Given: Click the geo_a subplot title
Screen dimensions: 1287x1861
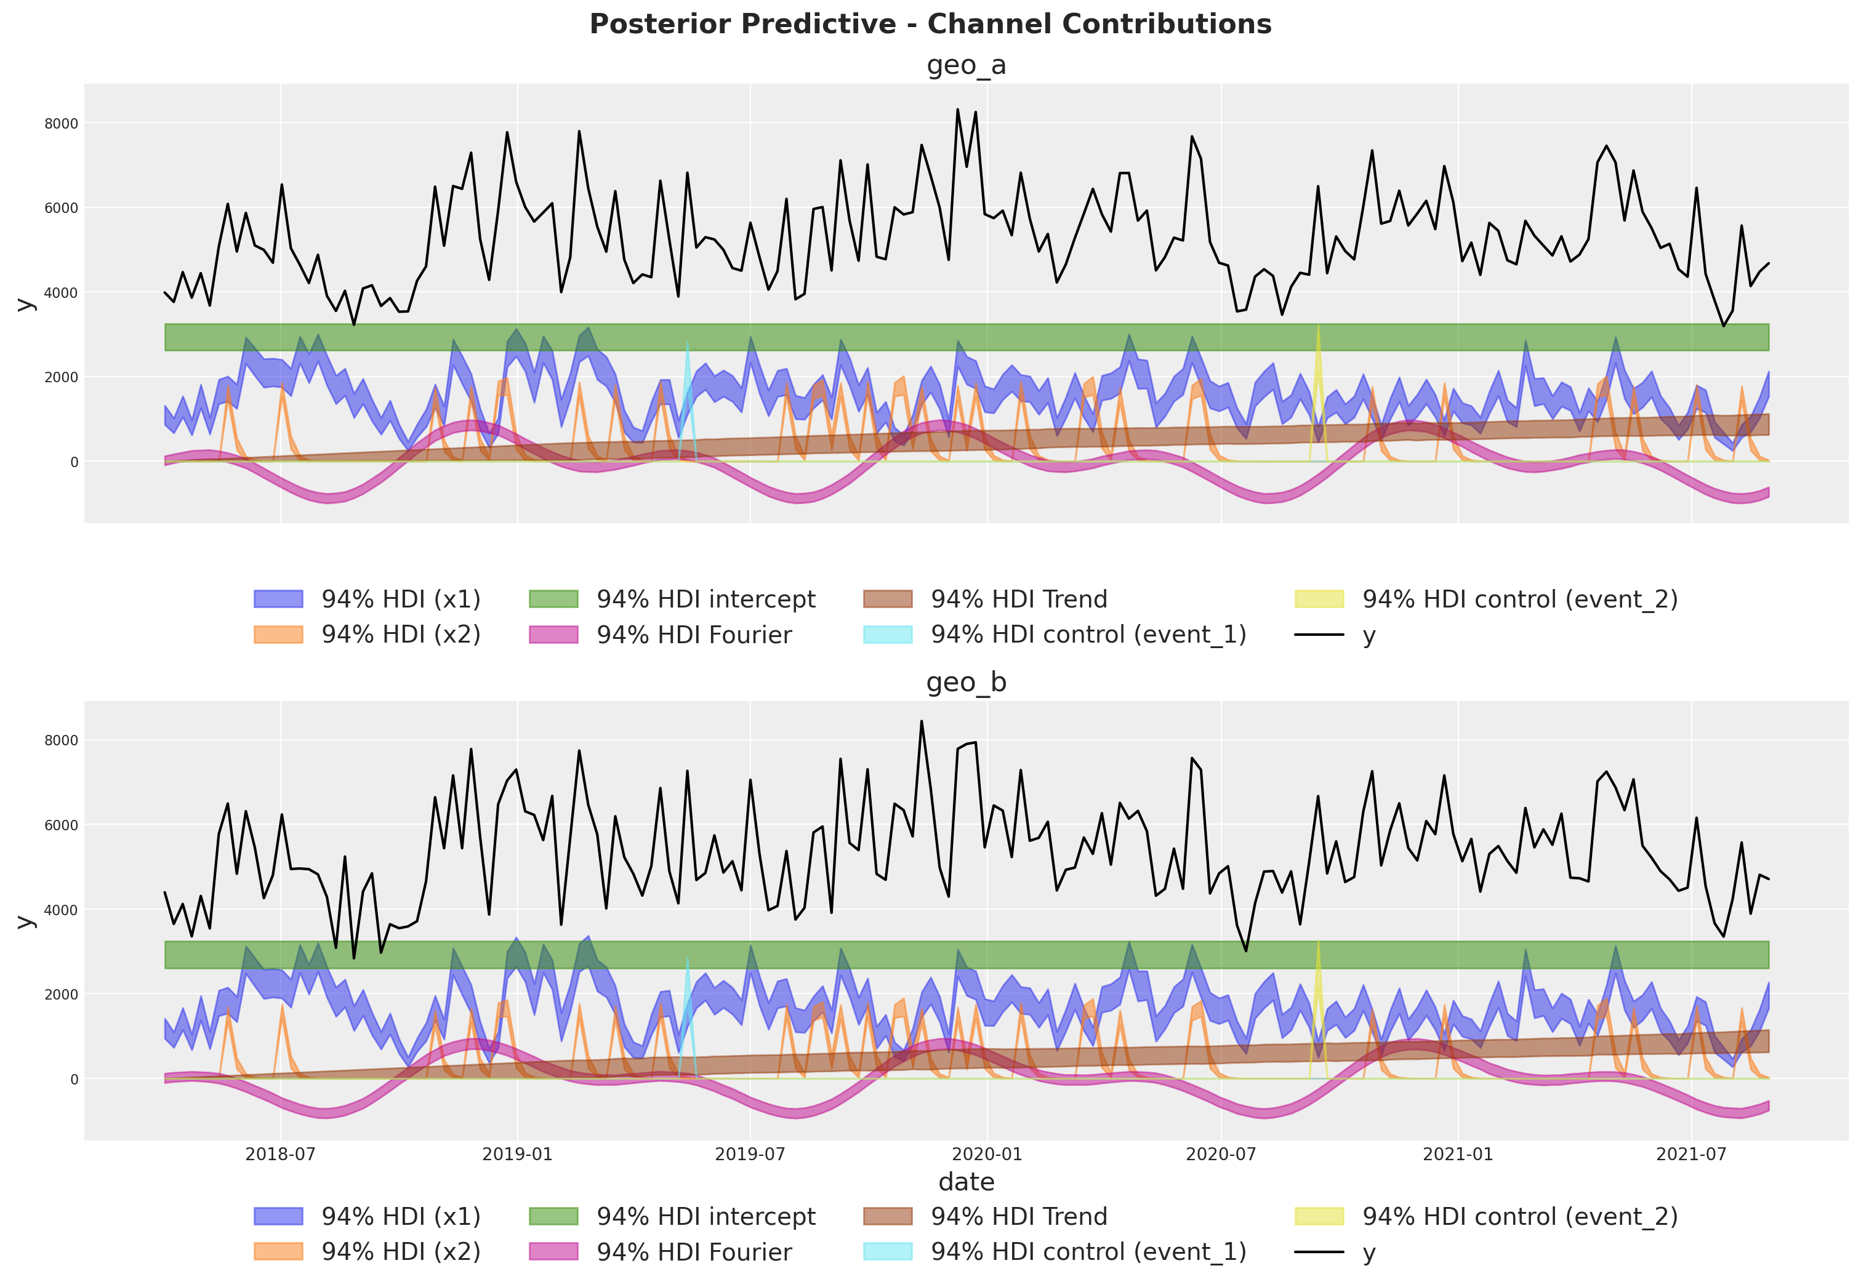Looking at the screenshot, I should (966, 65).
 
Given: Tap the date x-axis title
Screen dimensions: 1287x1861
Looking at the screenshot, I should (966, 1182).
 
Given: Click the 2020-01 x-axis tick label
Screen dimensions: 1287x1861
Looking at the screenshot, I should (987, 1154).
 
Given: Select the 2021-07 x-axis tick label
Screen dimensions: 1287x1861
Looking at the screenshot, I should (1692, 1154).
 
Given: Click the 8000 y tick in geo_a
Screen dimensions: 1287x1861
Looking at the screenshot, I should (62, 123).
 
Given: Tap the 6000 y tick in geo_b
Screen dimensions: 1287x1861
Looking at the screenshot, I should (62, 825).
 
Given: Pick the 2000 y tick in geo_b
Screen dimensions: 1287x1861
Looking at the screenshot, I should (62, 994).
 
